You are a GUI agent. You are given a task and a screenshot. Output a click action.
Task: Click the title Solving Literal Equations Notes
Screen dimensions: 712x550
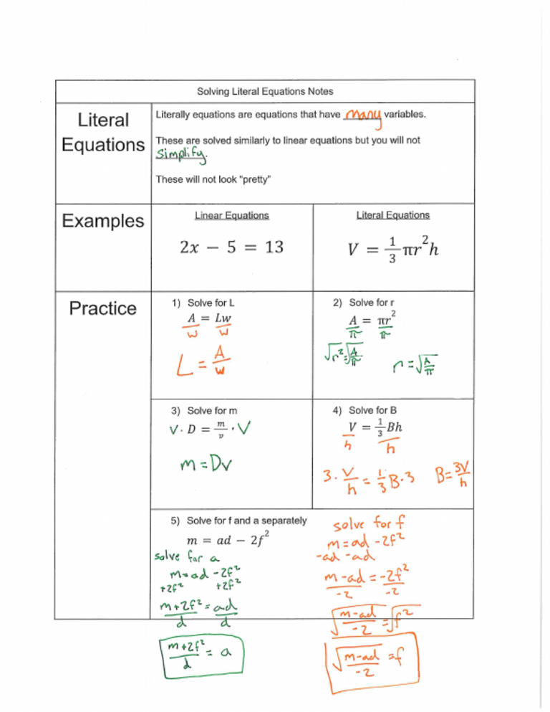(x=265, y=92)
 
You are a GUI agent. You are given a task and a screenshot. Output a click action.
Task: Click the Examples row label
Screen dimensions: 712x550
(x=102, y=221)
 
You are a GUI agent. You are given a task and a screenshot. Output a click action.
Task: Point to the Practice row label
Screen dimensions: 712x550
(x=102, y=308)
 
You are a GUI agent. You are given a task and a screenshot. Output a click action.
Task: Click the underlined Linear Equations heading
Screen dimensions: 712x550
(x=231, y=215)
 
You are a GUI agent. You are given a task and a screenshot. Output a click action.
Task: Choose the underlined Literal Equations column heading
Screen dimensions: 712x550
(x=392, y=215)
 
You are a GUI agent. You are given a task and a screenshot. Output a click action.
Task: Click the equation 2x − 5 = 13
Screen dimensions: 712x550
(x=231, y=247)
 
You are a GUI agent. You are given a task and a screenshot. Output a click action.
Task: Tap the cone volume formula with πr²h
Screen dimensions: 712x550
(x=392, y=250)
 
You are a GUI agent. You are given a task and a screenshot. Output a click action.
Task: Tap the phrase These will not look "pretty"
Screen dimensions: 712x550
(x=213, y=180)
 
